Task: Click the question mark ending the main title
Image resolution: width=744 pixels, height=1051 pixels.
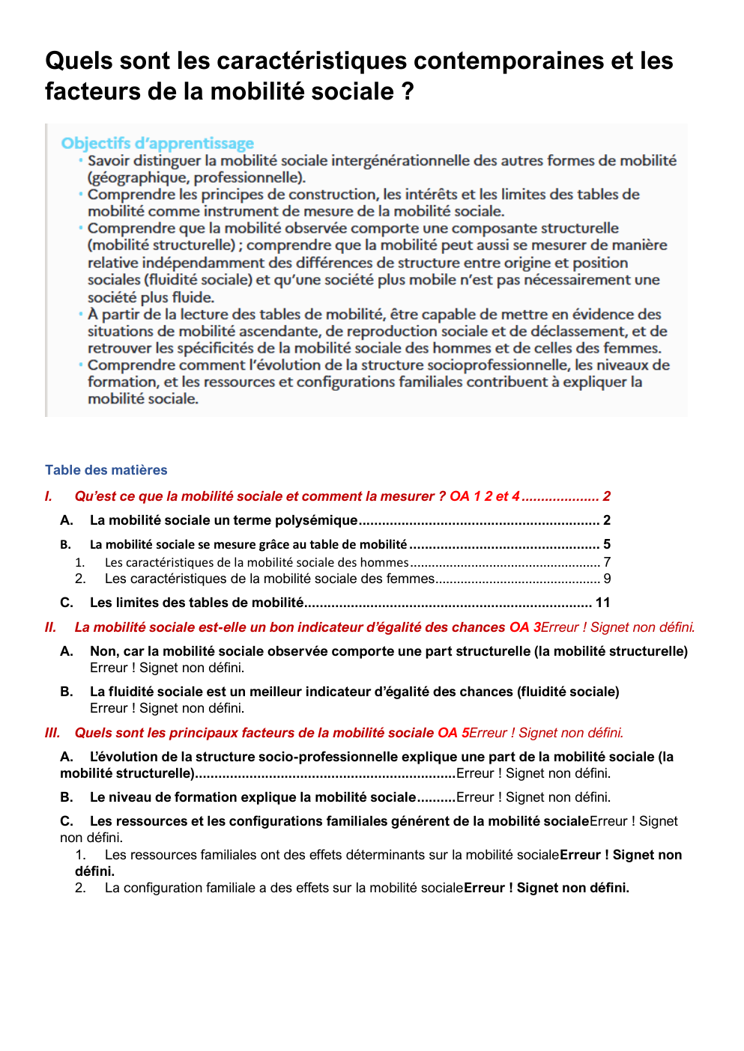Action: (407, 91)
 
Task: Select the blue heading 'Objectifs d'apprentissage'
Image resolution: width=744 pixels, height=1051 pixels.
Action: (157, 143)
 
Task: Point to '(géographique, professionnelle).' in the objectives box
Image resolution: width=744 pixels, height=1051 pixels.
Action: (196, 177)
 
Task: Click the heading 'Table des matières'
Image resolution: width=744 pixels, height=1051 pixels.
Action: (106, 470)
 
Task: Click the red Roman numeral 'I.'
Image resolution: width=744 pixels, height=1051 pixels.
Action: (49, 496)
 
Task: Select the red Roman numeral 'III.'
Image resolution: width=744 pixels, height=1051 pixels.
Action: (52, 733)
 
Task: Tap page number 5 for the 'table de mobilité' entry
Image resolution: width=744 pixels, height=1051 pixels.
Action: (607, 544)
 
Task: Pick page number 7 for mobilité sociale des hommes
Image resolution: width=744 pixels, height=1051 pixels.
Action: (607, 562)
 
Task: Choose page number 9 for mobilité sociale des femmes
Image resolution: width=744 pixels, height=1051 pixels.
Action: (607, 579)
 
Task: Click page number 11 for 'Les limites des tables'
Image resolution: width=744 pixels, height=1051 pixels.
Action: (602, 603)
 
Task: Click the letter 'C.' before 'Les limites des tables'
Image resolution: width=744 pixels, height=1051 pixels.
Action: (67, 603)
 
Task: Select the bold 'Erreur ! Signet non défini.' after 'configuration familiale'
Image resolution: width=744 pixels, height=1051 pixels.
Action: (546, 888)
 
